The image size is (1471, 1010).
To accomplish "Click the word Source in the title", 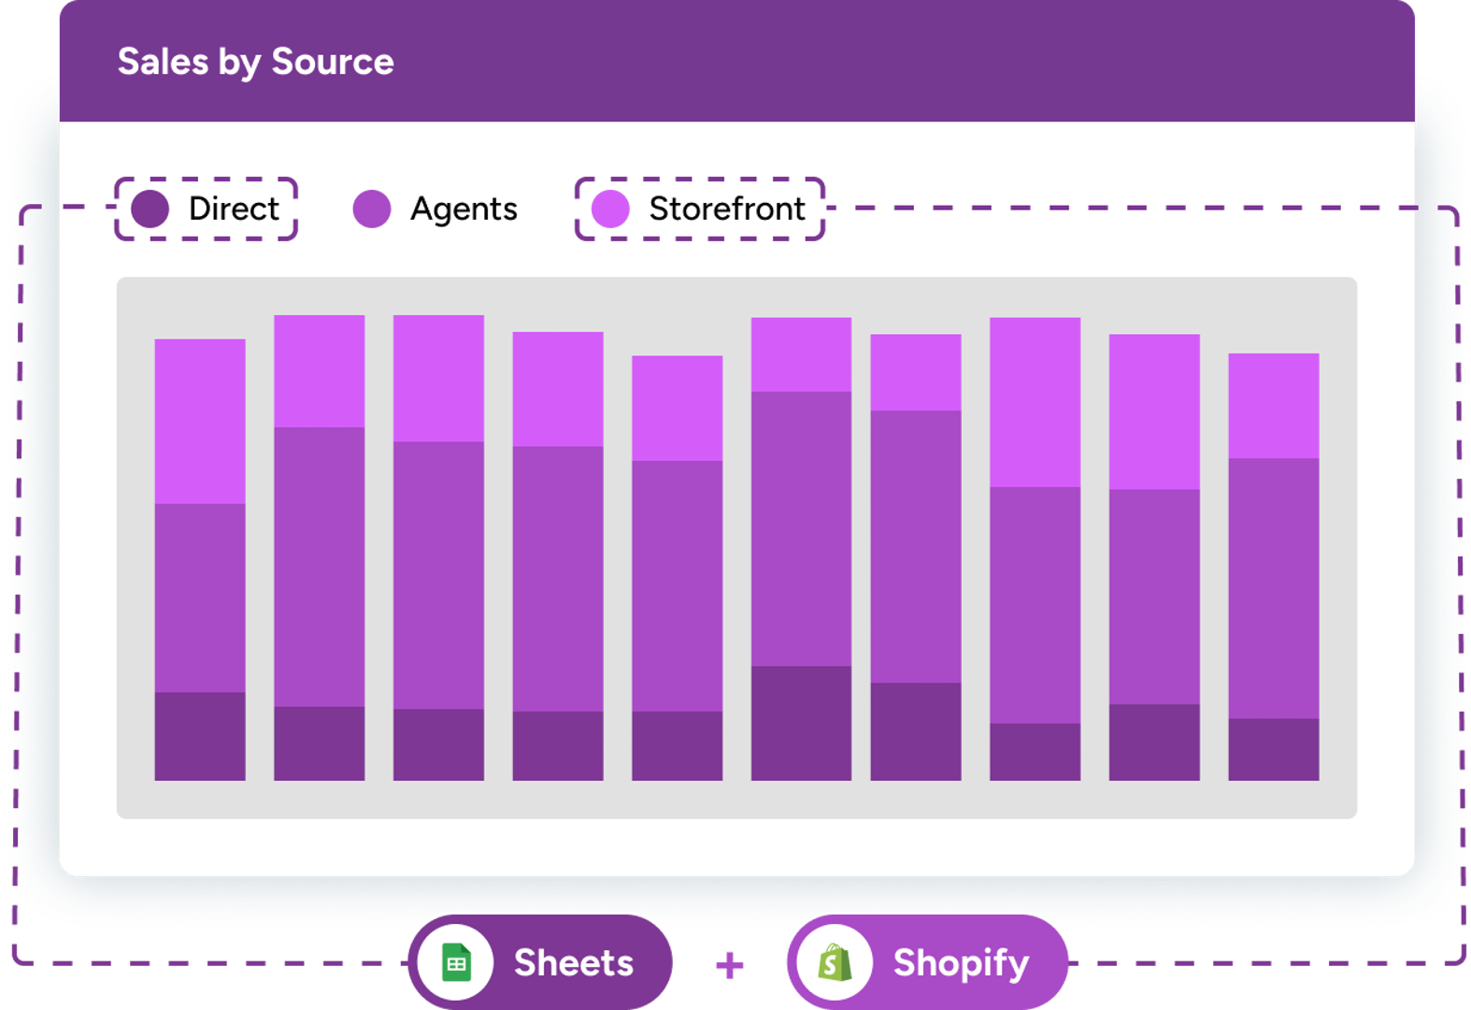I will pos(332,62).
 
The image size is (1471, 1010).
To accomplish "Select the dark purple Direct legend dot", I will pos(150,209).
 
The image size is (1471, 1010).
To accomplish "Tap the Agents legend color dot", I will pos(372,209).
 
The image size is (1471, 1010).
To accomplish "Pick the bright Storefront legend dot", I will pos(610,209).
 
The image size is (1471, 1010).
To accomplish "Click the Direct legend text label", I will pos(234,209).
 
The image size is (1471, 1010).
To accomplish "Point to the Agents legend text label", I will pos(464,209).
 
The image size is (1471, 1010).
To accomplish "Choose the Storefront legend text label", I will pos(727,209).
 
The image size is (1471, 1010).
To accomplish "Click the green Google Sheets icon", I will pos(456,962).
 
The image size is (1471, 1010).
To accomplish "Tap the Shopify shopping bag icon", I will pos(835,962).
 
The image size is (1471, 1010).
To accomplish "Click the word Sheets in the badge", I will pos(574,963).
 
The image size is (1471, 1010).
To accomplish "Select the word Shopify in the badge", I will pos(961,963).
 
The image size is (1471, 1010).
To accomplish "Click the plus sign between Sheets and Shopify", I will pos(730,965).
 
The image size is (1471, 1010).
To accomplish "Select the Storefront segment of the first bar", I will pos(200,421).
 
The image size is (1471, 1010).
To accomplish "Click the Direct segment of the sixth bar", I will pos(801,723).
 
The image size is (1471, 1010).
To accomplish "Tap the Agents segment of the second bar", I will pos(320,567).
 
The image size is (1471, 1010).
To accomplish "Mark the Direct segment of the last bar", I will pos(1273,749).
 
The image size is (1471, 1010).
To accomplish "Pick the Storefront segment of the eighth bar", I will pos(1035,402).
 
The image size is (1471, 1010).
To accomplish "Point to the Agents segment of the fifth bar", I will pos(677,585).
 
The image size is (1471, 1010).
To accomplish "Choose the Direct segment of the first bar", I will pos(200,736).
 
